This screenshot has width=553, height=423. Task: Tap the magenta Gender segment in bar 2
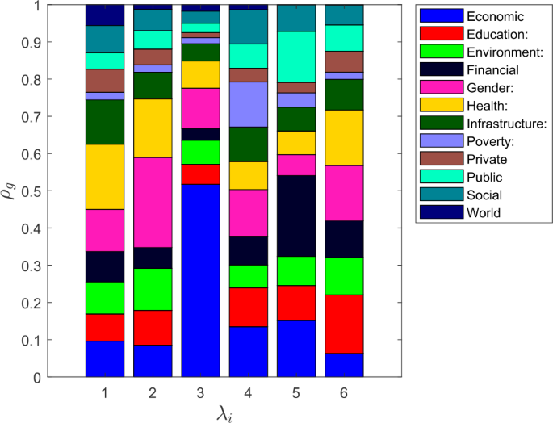tap(153, 202)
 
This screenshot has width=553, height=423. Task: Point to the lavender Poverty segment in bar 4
tap(249, 104)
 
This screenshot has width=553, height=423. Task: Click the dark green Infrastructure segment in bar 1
tap(105, 122)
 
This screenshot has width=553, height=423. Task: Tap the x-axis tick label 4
tap(249, 392)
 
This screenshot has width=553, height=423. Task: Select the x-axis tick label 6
tap(345, 392)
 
